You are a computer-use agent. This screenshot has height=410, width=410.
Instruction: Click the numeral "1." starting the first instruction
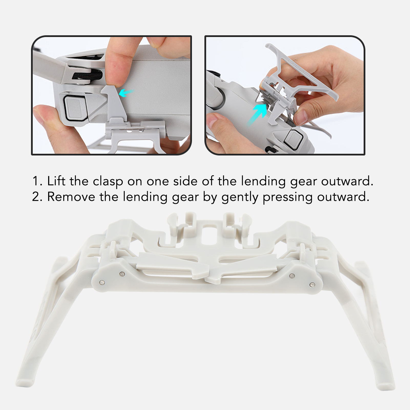37,181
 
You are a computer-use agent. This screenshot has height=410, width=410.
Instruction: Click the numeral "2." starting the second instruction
37,197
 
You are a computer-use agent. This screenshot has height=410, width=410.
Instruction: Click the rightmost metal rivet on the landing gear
312,284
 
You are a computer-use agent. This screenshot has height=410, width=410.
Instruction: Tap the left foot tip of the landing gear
22,383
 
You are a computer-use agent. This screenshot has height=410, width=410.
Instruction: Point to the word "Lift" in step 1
57,181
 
